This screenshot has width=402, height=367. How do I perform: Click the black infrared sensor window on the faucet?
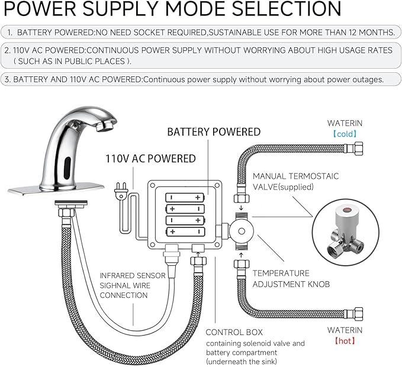67,168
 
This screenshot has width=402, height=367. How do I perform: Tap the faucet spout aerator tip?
104,126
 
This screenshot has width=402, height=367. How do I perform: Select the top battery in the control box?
185,198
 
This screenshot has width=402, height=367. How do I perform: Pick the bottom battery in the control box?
185,231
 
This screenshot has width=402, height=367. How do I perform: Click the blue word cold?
345,134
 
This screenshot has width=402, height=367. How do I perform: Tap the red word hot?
345,340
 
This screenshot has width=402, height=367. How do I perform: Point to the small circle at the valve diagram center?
241,231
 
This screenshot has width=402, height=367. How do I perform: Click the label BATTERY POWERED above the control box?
214,132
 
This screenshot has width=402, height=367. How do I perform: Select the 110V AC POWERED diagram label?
151,159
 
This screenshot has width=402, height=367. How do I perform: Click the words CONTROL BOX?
234,332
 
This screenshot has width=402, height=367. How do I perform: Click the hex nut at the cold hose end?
358,149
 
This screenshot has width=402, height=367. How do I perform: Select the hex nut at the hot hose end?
358,314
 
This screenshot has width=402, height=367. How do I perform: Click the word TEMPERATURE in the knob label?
281,273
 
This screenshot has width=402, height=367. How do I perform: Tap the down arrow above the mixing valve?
241,207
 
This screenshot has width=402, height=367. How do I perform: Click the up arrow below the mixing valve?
241,255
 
